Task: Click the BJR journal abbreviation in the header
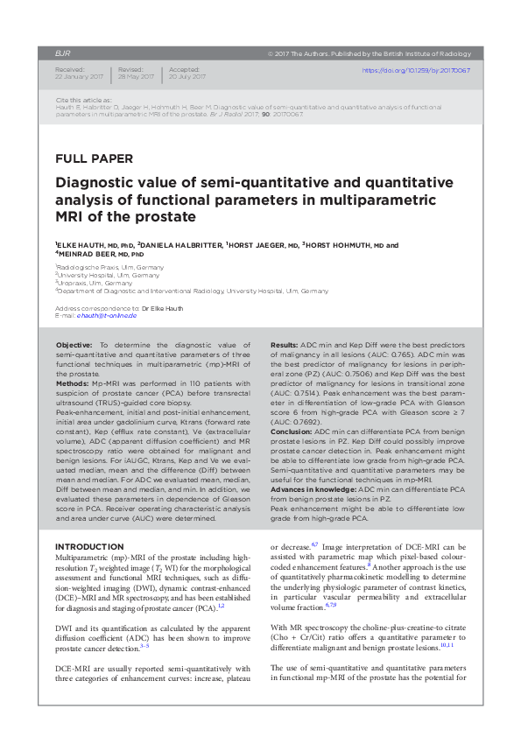[62, 53]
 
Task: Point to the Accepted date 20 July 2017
[186, 76]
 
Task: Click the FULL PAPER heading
[95, 159]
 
